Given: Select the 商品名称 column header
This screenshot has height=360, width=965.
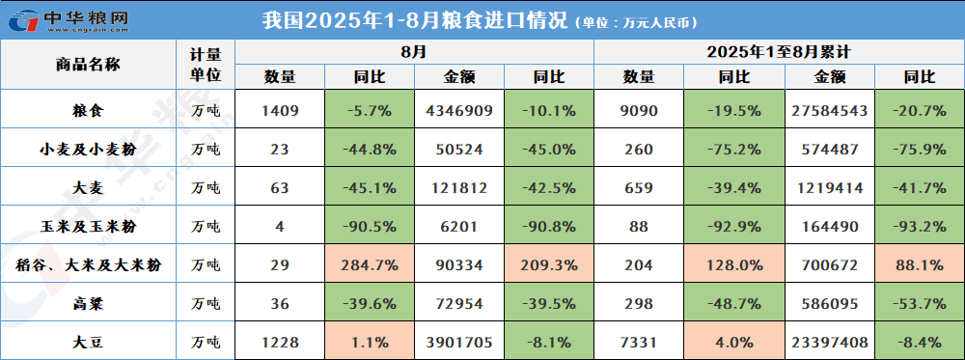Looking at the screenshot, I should (x=88, y=65).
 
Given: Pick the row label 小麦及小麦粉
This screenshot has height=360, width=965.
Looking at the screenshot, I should (x=88, y=149).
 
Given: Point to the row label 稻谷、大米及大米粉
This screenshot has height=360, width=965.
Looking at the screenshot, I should (x=88, y=264).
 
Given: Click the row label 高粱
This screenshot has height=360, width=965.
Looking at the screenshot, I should (x=88, y=303).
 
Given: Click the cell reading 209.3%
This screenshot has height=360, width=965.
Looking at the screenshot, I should (x=548, y=264).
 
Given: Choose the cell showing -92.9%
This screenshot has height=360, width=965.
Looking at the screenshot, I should (x=733, y=226).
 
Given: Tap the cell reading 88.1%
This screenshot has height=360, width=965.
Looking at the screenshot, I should (x=919, y=264).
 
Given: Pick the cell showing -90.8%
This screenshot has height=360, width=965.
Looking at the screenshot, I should (x=548, y=226).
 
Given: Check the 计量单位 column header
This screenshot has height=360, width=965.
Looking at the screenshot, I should (x=207, y=65).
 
